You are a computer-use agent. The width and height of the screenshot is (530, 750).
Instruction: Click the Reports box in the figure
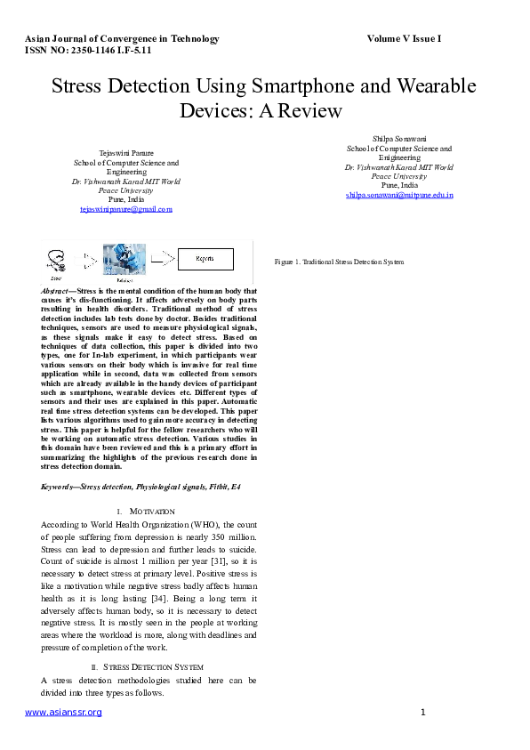click(205, 258)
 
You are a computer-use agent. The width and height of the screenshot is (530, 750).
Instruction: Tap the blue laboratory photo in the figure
click(124, 258)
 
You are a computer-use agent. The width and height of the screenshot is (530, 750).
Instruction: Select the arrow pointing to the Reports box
click(163, 258)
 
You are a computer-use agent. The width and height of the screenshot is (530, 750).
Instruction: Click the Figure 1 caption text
click(339, 262)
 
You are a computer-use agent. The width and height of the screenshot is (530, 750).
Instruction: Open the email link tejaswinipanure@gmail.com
click(125, 209)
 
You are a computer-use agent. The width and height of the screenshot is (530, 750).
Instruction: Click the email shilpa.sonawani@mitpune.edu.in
click(399, 194)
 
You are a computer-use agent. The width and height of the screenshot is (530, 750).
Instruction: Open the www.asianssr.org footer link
click(57, 713)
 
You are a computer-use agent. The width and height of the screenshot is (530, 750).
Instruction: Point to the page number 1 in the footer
click(423, 713)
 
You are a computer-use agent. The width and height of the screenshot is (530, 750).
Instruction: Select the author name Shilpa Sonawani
click(399, 139)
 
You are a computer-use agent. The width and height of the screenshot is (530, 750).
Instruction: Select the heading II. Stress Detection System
click(148, 666)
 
